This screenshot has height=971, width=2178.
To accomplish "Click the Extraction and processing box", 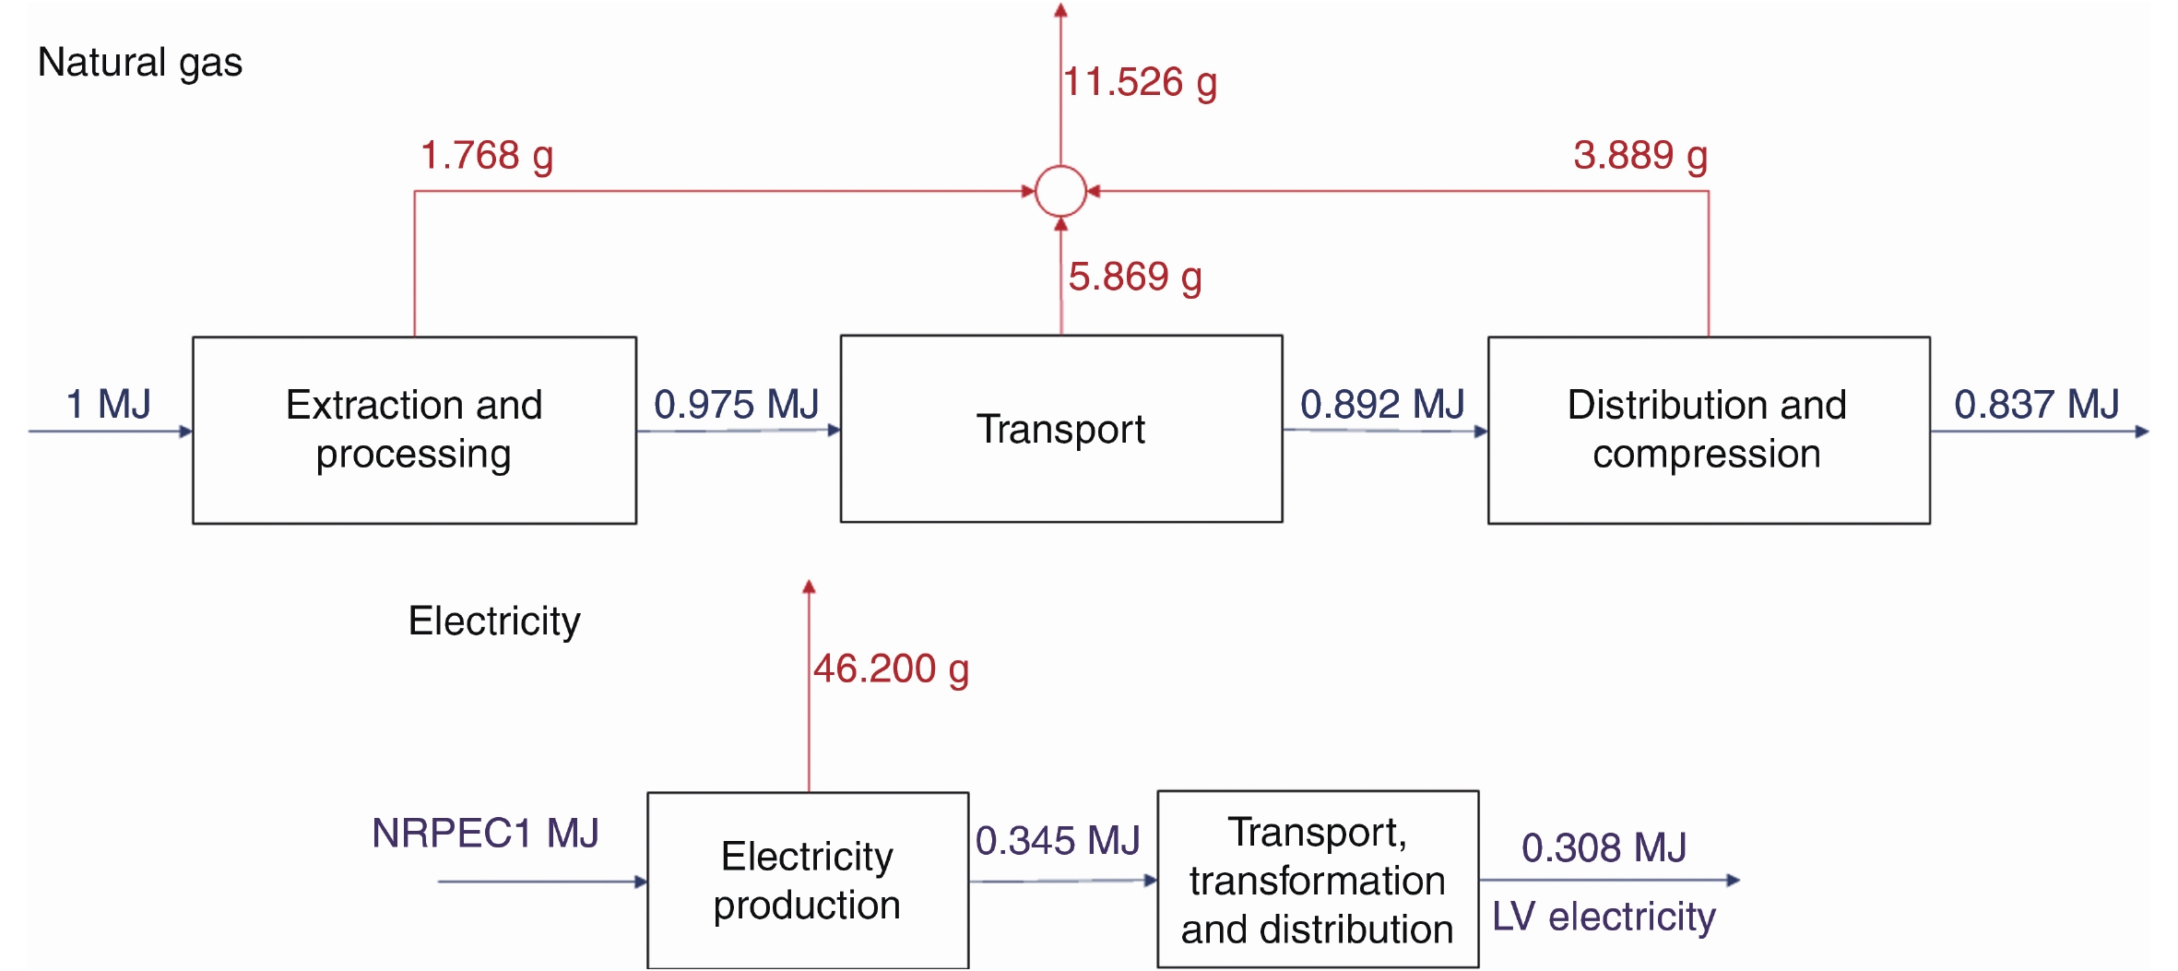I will (x=414, y=430).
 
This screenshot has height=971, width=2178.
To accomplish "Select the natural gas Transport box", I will (x=1060, y=429).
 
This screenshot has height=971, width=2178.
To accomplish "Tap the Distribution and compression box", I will (x=1708, y=430).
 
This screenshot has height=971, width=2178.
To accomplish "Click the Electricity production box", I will (x=808, y=880).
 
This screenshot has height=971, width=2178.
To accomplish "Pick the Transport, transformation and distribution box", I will (x=1318, y=880).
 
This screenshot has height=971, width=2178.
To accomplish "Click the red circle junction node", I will (x=1060, y=191).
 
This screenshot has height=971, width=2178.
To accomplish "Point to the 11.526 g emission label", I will (x=1140, y=83).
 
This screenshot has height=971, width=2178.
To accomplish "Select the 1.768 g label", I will (x=487, y=156).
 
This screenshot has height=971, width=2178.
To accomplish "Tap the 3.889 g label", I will (x=1640, y=156).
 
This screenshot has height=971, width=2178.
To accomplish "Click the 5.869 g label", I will (x=1135, y=277).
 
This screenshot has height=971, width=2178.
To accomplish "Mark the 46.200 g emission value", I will (x=891, y=669).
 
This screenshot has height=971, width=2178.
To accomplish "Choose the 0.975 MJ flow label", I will (x=737, y=404).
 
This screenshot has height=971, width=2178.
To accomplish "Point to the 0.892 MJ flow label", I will (x=1382, y=404).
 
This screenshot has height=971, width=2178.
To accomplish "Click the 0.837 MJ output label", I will (x=2037, y=404).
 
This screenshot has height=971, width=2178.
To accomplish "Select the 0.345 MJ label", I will (x=1058, y=840).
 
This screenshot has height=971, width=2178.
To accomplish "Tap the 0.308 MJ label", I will (x=1604, y=847).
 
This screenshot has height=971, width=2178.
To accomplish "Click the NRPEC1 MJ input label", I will (x=485, y=834).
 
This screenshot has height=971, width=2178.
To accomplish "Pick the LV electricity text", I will (x=1604, y=917).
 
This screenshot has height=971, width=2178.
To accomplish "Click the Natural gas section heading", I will (x=140, y=63).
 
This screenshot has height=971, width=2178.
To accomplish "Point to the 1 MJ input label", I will (x=108, y=404).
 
